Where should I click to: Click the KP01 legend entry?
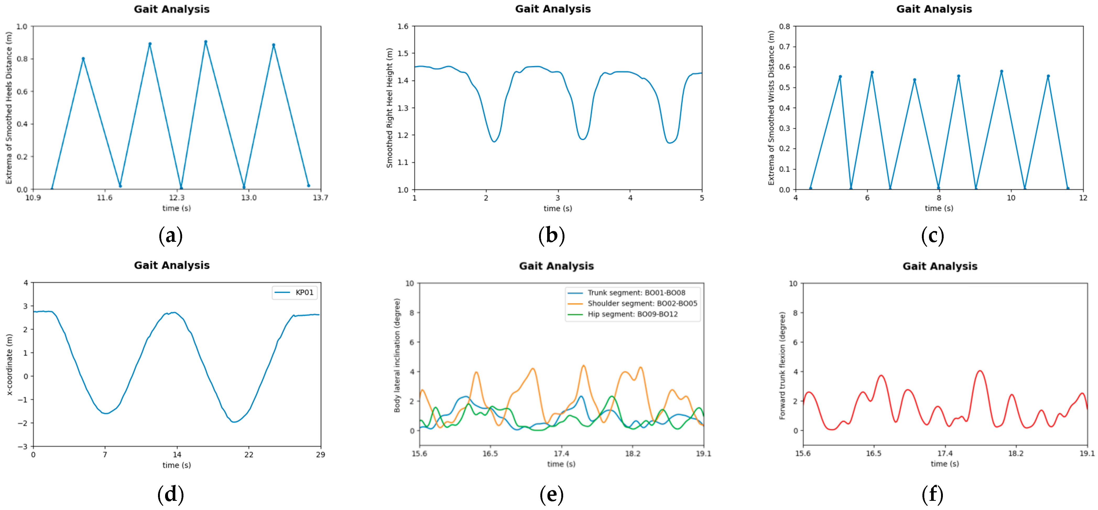(x=294, y=292)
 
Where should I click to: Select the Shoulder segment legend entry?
(x=633, y=303)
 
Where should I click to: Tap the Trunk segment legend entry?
(x=627, y=293)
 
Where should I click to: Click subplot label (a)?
(x=171, y=235)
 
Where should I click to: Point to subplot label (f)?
(x=932, y=494)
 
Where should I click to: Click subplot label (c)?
(x=932, y=235)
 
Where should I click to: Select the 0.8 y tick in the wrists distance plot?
(x=784, y=26)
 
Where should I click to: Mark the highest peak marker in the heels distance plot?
(x=205, y=42)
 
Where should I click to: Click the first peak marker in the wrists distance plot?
(x=840, y=77)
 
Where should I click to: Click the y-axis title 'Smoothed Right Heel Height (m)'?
(x=389, y=108)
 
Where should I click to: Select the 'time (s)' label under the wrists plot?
(x=939, y=208)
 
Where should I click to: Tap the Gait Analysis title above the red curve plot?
(x=940, y=266)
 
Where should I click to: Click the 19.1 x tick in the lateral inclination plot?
(x=703, y=454)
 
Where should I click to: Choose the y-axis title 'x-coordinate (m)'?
(x=9, y=364)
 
